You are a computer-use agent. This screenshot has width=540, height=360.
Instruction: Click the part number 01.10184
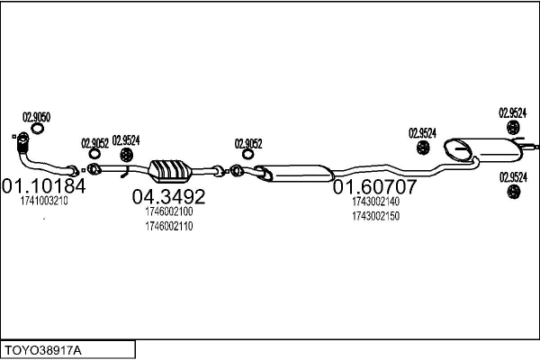coord(44,186)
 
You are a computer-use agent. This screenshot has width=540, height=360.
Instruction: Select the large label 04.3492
coord(169,197)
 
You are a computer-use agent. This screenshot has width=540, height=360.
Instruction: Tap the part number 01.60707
coord(374,186)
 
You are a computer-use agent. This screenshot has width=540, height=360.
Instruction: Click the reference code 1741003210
coord(44,201)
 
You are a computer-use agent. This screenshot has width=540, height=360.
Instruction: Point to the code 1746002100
coord(169,211)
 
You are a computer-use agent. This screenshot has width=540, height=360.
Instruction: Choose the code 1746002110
coord(169,226)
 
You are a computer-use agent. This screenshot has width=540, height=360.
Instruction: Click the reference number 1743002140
coord(375,202)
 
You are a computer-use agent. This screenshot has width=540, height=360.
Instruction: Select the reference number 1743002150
coord(375,216)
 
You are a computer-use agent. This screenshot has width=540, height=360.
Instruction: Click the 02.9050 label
coord(37,117)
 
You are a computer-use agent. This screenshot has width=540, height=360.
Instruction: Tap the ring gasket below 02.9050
coord(37,129)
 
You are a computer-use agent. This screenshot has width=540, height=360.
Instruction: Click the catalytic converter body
coord(170,171)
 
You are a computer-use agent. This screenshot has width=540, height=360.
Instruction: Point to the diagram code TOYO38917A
coord(43,351)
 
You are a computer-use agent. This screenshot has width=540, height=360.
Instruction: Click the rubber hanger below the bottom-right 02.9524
coord(514,192)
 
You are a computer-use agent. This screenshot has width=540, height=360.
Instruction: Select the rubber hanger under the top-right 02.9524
coord(513,128)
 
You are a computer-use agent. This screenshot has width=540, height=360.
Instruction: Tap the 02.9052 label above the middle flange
coord(248,144)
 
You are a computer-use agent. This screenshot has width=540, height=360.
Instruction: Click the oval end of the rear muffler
coord(456,150)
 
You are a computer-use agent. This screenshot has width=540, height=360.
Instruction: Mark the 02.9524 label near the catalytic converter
coord(126,140)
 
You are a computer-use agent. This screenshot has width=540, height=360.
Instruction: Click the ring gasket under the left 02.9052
coord(94,154)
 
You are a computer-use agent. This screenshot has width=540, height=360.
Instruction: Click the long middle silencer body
coord(298,174)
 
